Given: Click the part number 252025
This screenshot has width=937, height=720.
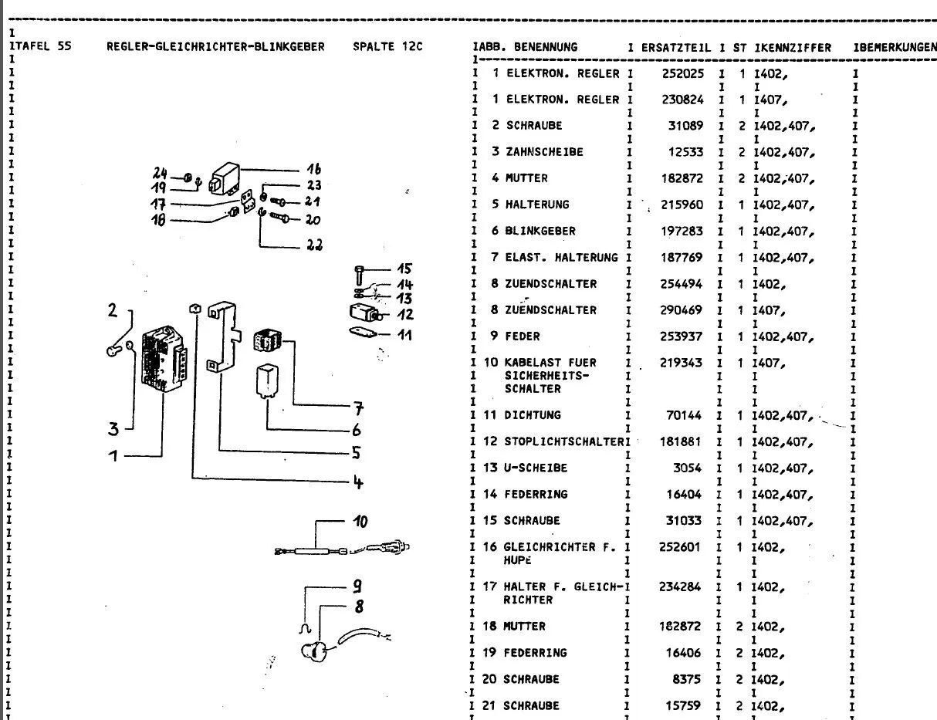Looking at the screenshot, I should (x=681, y=73).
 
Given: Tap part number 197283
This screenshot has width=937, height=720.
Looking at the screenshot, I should (x=681, y=231).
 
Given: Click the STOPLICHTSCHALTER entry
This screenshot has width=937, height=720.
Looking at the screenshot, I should (x=563, y=442).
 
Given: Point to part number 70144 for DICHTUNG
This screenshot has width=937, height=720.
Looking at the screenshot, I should (x=685, y=416).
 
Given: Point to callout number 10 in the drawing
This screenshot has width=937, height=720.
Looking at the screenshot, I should (x=360, y=522).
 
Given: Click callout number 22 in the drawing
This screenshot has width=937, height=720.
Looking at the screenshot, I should (x=314, y=246).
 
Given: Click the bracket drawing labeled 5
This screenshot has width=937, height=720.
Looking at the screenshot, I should (x=225, y=340).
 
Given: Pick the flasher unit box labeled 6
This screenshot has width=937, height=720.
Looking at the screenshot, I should (x=267, y=379).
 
